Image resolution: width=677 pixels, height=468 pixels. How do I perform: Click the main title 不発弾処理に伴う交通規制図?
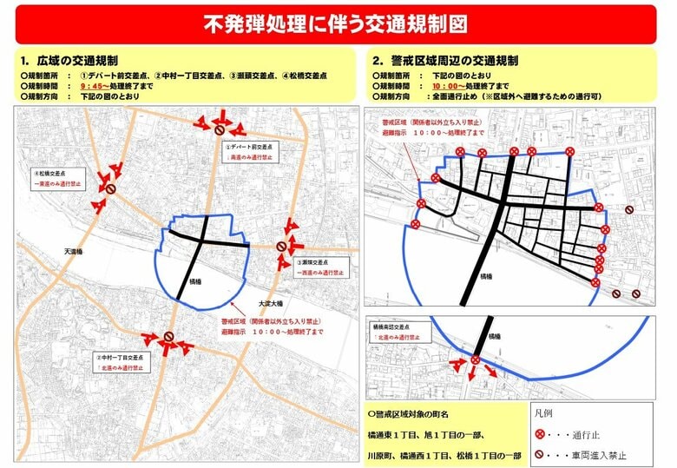[x=339, y=23]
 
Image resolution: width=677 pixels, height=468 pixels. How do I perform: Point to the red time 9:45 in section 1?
[x=91, y=86]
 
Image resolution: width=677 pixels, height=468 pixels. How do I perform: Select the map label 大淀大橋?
[x=271, y=304]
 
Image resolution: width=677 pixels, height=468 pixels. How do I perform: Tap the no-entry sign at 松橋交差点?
[x=110, y=188]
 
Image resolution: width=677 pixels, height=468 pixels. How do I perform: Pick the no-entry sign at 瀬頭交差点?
[x=281, y=247]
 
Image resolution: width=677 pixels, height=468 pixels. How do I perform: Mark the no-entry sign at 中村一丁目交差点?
[x=168, y=337]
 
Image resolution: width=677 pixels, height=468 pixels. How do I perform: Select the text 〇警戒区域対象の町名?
[x=411, y=413]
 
